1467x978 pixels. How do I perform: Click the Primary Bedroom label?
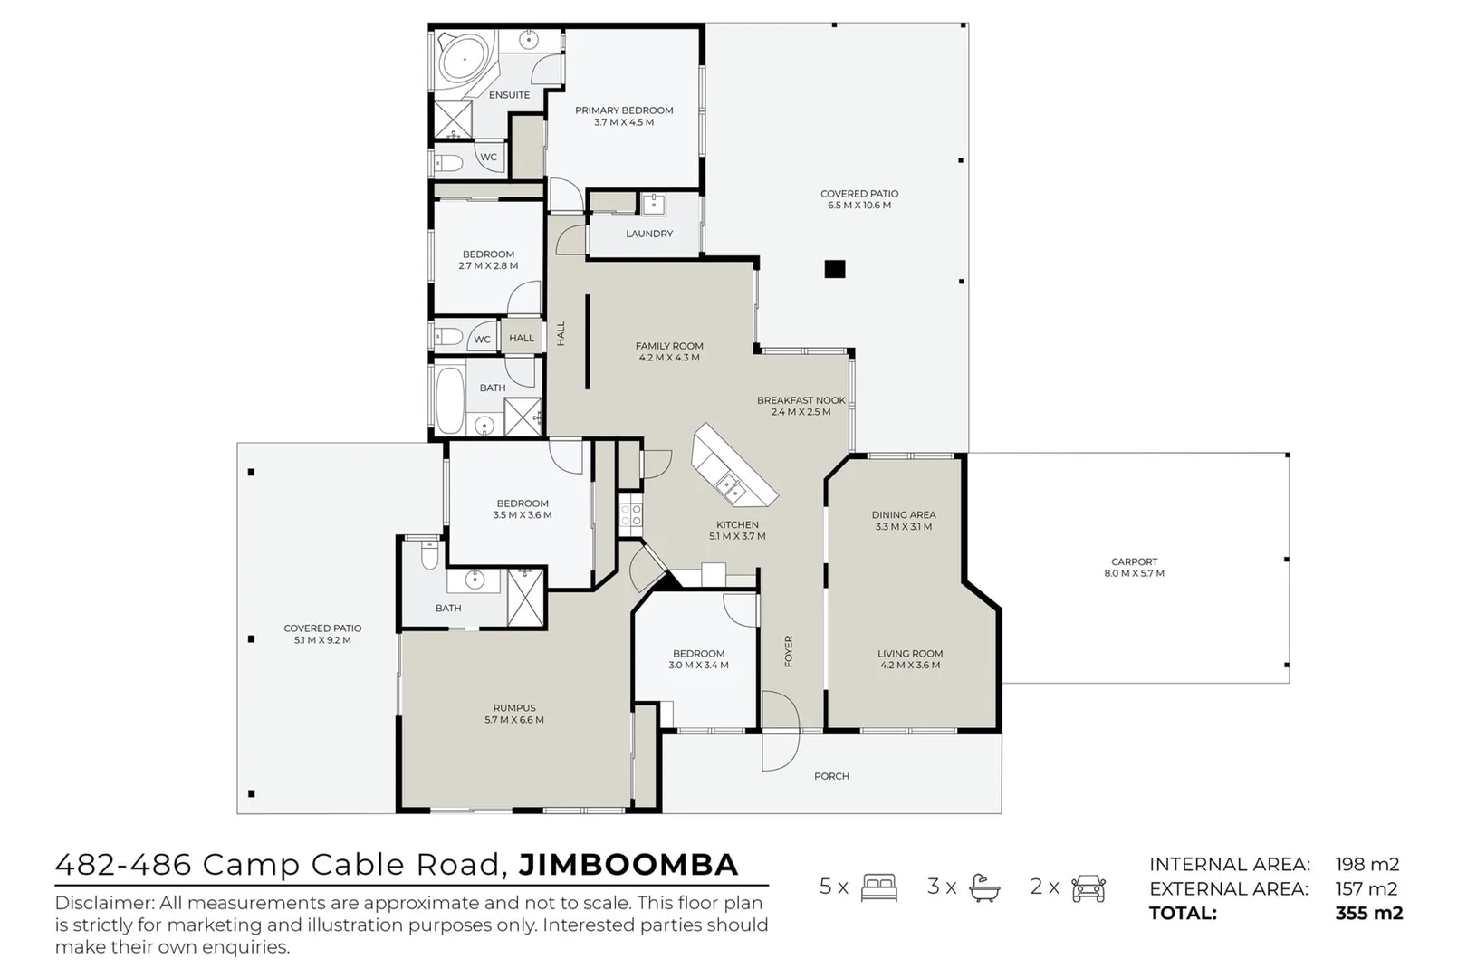tap(624, 110)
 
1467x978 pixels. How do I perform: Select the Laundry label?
tap(649, 234)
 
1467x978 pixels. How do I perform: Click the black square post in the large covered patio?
tap(834, 269)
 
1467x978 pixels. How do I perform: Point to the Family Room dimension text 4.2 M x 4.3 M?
tap(669, 358)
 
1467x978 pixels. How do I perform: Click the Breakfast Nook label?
tap(801, 400)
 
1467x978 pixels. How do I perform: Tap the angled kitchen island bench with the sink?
tap(733, 467)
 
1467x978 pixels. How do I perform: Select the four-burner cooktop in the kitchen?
tap(631, 515)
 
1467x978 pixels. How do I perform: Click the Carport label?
tap(1134, 561)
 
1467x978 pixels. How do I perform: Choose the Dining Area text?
tap(903, 514)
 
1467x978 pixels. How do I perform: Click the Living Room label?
tap(909, 653)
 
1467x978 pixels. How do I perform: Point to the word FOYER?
tap(789, 652)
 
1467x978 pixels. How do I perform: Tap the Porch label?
tap(831, 776)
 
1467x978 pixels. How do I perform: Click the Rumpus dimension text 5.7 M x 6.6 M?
tap(514, 720)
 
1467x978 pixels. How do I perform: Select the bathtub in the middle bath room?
tap(449, 399)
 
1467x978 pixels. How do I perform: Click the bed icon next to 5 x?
tap(879, 887)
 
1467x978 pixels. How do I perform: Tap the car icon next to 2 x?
tap(1088, 887)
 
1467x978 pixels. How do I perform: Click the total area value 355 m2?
tap(1368, 913)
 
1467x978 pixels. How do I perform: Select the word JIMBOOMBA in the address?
tap(628, 865)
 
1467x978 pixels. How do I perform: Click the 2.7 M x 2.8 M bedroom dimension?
tap(488, 266)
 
